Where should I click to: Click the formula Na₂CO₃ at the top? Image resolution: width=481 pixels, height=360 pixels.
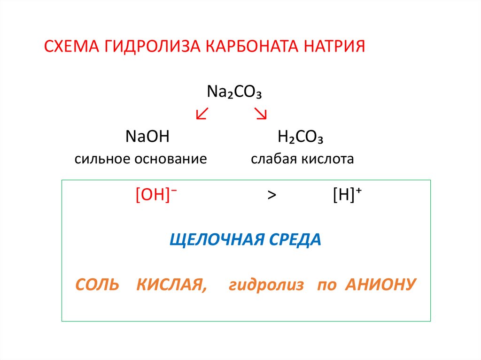tap(234, 91)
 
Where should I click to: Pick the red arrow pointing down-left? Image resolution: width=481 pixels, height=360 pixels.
tap(202, 114)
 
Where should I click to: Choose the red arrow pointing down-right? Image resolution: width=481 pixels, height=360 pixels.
tap(261, 114)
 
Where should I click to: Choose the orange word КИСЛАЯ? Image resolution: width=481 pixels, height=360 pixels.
tap(171, 285)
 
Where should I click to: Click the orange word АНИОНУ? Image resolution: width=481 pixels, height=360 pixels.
tap(380, 285)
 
